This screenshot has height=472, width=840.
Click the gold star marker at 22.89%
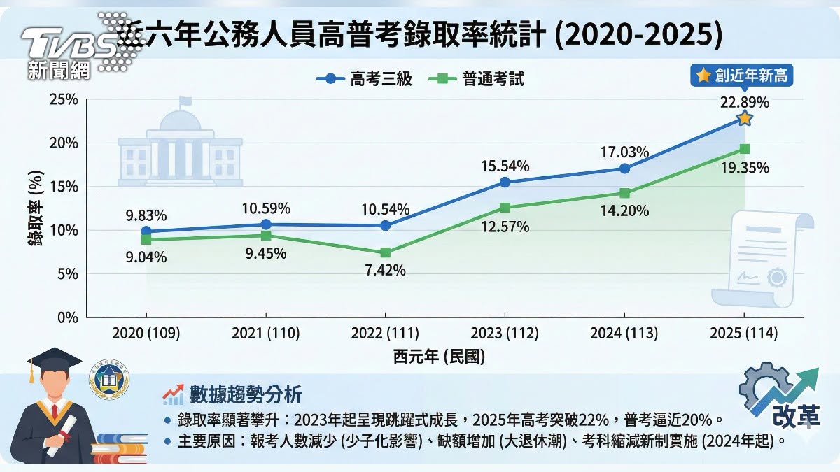745,119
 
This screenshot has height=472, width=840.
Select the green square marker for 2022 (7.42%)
386,252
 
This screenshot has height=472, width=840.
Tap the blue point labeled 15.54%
505,183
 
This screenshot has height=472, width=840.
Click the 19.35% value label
745,168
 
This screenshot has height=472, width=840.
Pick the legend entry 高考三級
364,79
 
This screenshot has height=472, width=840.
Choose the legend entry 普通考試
476,79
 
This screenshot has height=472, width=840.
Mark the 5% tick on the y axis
66,274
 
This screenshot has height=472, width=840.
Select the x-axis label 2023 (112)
505,334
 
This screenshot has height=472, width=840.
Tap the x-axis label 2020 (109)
146,334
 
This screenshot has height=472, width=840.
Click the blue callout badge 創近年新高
743,76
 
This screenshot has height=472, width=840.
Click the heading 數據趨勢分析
245,395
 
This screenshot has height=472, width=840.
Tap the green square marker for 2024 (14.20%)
624,193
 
